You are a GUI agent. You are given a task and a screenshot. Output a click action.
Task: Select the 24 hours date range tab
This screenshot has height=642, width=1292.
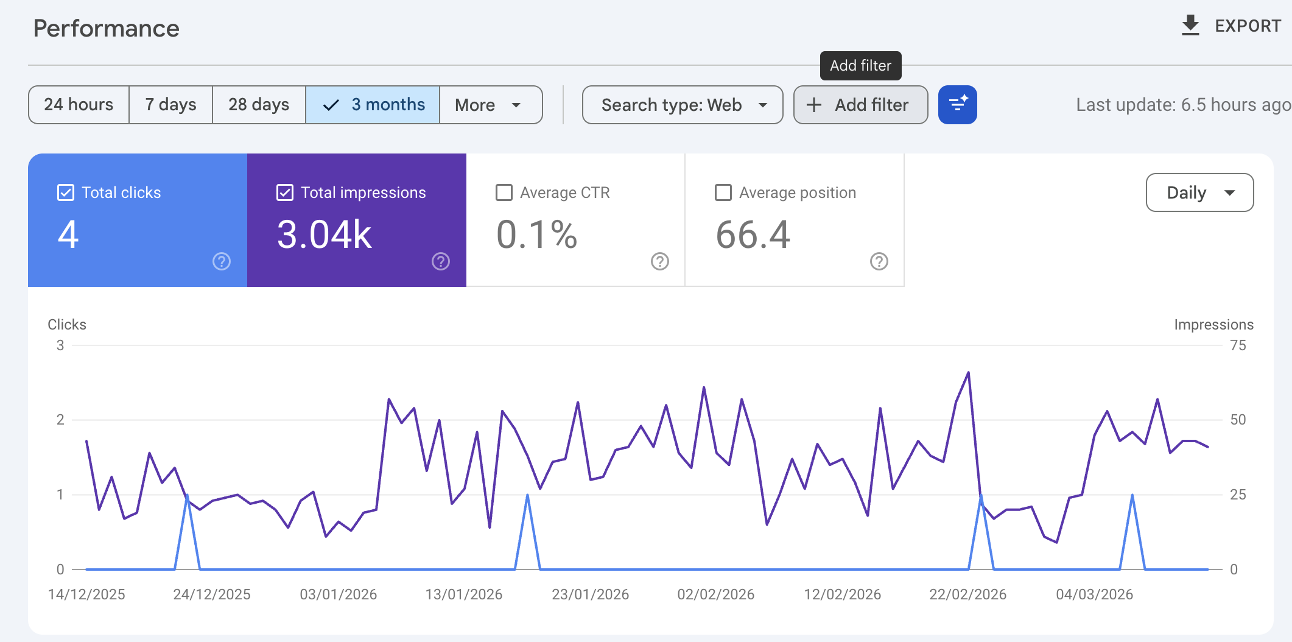(79, 105)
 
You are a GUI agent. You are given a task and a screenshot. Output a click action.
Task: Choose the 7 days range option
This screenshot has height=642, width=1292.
(170, 105)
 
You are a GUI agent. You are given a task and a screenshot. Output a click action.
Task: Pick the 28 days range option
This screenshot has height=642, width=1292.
(259, 105)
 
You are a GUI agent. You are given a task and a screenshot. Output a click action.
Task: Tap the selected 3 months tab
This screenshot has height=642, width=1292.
(373, 105)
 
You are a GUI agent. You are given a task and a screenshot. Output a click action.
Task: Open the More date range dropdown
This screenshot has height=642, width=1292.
(490, 105)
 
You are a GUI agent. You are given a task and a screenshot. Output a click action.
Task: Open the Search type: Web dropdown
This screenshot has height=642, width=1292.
(683, 105)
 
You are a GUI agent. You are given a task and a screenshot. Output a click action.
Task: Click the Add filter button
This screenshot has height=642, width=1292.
(860, 105)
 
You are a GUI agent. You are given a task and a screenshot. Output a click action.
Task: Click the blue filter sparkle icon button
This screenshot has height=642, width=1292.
(957, 105)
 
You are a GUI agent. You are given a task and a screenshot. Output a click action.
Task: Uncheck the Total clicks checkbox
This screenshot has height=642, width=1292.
(66, 192)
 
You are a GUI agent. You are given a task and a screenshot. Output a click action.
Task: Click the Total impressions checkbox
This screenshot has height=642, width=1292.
(285, 192)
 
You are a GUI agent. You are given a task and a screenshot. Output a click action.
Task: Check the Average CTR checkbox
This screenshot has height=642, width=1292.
(504, 192)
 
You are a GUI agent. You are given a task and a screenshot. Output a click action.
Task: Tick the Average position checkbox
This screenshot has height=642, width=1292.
(723, 192)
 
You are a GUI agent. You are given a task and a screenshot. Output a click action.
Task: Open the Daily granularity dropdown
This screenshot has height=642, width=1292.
(1199, 192)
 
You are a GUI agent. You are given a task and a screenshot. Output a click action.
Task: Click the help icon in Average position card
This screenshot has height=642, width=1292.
(879, 261)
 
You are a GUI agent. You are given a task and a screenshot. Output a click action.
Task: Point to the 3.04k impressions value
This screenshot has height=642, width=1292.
(324, 235)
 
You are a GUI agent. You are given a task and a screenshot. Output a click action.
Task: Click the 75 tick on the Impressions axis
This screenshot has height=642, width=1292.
(1238, 345)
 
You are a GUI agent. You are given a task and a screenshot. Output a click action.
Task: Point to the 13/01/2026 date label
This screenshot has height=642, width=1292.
(464, 594)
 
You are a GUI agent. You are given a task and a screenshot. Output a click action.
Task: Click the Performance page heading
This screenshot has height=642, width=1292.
(107, 29)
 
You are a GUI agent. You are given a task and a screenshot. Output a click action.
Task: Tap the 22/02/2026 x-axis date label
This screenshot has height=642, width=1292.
(967, 594)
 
